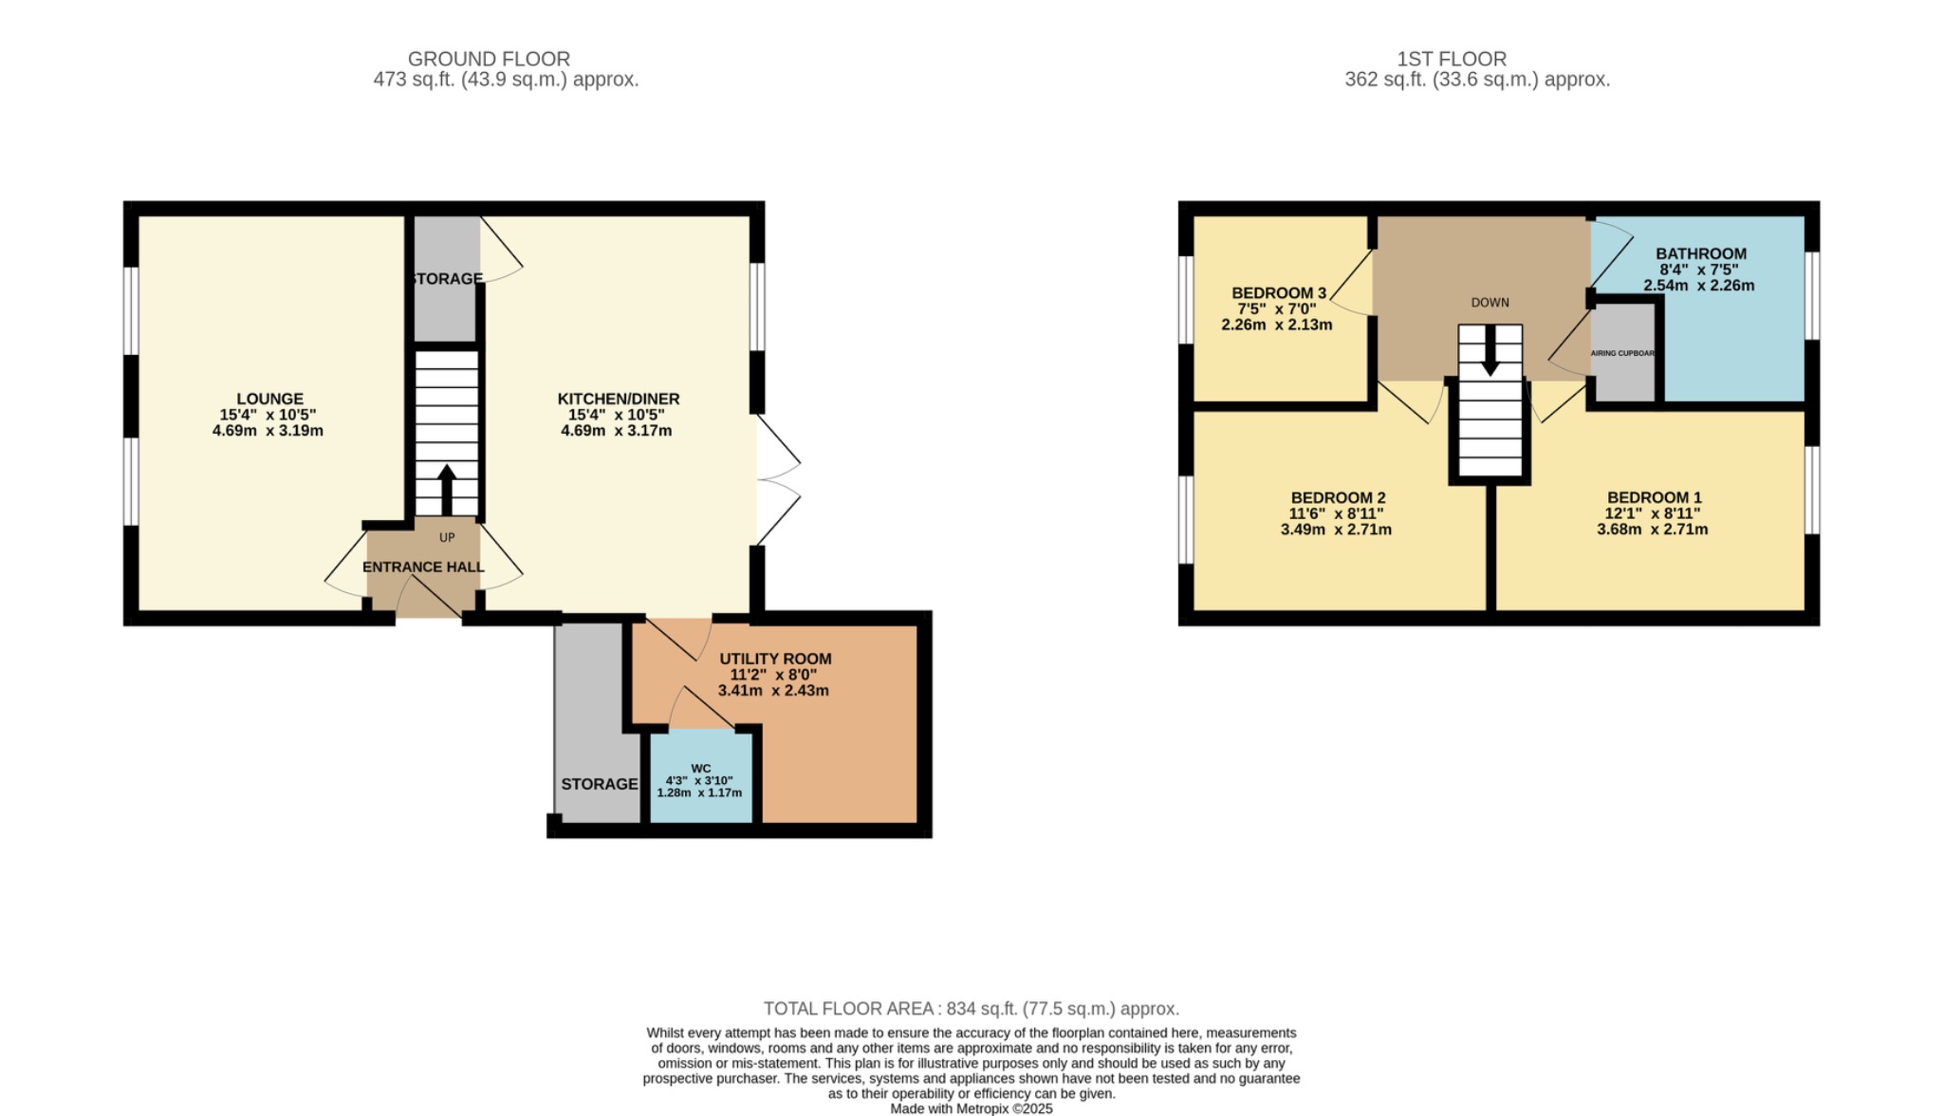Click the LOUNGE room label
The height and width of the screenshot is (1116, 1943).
(x=270, y=399)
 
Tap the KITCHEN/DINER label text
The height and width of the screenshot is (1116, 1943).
(x=618, y=399)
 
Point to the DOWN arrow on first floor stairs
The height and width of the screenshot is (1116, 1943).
(x=1490, y=351)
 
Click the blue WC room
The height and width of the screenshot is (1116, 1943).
(x=701, y=778)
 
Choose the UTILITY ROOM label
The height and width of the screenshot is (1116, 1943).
(x=775, y=659)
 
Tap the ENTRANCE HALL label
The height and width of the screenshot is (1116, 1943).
(x=423, y=567)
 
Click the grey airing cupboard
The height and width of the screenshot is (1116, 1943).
(x=1623, y=353)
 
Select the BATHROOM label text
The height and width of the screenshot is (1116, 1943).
(x=1700, y=253)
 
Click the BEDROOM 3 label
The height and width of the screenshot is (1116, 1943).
(x=1278, y=293)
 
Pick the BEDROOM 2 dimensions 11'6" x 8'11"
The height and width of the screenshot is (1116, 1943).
(x=1336, y=513)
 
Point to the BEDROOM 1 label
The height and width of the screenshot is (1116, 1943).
(x=1654, y=497)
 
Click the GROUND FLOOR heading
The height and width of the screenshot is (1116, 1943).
(x=489, y=59)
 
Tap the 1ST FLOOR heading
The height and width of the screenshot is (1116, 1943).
(x=1451, y=59)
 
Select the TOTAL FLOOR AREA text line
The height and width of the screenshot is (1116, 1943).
(x=971, y=1009)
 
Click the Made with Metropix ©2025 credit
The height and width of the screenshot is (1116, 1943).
(x=971, y=1108)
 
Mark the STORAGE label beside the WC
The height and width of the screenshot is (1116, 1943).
(x=599, y=784)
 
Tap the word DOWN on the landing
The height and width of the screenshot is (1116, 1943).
(x=1490, y=303)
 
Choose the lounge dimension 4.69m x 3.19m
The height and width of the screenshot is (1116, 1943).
(x=268, y=431)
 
